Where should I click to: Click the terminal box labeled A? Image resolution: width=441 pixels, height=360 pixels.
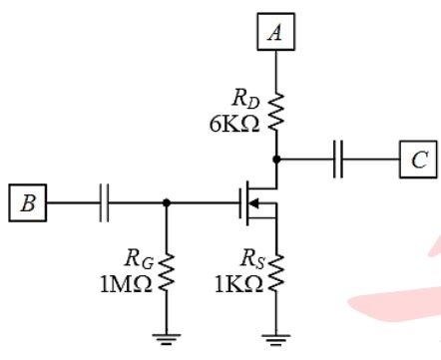(275, 32)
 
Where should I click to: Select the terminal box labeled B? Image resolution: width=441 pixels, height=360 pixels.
(28, 202)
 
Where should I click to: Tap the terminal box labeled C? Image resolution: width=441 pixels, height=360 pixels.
(418, 160)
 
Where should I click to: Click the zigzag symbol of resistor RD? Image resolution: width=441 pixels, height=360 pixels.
(275, 112)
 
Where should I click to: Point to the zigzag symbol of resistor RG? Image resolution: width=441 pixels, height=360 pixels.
(167, 273)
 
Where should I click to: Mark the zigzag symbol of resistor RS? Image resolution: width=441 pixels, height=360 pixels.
(275, 273)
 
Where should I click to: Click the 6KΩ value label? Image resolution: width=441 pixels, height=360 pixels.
(234, 125)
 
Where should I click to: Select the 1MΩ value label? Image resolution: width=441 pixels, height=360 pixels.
(126, 284)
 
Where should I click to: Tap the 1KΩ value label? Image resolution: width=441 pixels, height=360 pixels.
(238, 284)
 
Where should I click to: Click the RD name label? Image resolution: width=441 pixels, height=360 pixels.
(246, 99)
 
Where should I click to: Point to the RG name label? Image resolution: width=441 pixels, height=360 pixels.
(139, 259)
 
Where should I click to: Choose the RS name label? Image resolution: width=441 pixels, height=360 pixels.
(252, 259)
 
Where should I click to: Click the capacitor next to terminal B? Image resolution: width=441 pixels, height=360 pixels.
(104, 202)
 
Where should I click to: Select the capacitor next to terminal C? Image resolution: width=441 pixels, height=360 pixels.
(338, 160)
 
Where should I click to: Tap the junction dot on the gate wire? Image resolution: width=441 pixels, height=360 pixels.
(167, 202)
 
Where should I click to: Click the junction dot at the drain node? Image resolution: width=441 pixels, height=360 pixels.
(276, 160)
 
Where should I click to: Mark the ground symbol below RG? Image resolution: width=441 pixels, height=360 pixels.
(167, 339)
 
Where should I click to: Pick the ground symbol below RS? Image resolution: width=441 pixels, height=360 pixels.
(275, 339)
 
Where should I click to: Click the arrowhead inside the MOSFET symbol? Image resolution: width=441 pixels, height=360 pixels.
(253, 202)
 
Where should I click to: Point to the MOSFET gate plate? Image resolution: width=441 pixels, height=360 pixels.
(240, 202)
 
